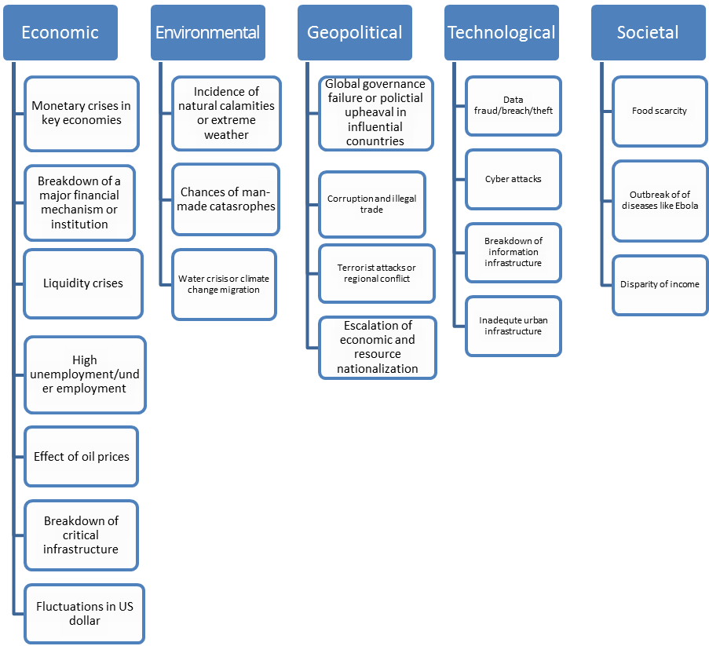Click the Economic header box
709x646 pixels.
60,32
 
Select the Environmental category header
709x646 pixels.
208,32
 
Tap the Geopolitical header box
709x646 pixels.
355,32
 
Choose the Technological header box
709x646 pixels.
502,32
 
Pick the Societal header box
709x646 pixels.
649,32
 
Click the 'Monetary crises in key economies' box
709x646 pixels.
82,114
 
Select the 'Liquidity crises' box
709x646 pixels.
83,283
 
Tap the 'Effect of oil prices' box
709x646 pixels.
82,457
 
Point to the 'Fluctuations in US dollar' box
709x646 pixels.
85,614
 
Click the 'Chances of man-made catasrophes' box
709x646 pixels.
226,199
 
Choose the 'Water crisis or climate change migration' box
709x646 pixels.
224,284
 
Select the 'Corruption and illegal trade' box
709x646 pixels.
372,204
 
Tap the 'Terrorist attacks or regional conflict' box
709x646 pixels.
377,273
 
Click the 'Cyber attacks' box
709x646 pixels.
513,180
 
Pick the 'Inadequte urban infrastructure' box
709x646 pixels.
513,326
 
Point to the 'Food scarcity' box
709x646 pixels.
660,111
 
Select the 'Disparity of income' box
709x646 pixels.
660,285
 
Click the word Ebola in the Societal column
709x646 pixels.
687,206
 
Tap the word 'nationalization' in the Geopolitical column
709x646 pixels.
378,369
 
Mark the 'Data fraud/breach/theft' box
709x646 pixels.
513,106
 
